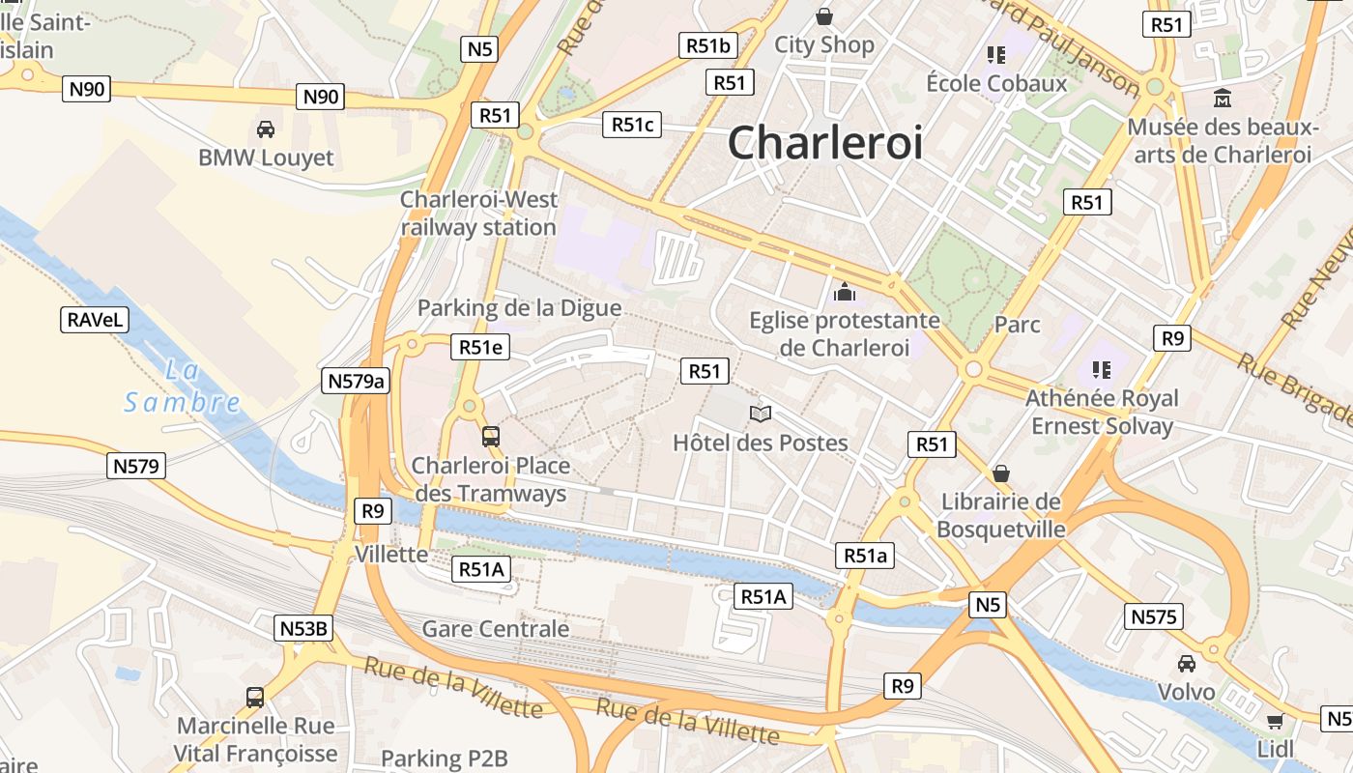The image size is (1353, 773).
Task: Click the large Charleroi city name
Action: coord(824,143)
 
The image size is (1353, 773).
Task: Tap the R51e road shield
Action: coord(480,347)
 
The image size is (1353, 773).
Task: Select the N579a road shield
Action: coord(356,381)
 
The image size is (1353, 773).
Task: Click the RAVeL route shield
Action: coord(96,320)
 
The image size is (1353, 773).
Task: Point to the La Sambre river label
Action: coord(182,386)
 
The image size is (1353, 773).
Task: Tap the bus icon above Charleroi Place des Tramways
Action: coord(491,437)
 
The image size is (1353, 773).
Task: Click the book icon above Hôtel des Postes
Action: coord(761,415)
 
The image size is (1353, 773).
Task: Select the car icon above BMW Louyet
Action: coord(265,129)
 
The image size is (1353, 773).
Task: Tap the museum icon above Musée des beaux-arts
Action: coord(1223,99)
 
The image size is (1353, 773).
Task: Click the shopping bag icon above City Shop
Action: coord(824,16)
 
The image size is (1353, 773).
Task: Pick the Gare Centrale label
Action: coord(496,629)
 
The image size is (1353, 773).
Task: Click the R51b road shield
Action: coord(708,44)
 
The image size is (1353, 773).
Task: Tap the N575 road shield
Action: coord(1154,616)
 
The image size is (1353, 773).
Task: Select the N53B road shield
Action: coord(303,628)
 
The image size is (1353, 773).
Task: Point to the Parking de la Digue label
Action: coord(519,308)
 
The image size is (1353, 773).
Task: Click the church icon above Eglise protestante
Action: coord(845,291)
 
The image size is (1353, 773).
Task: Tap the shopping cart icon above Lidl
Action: coord(1275,721)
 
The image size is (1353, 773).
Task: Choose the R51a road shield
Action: coord(865,555)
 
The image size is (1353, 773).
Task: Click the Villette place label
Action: coord(391,554)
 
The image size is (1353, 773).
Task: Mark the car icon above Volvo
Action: coord(1186,663)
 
